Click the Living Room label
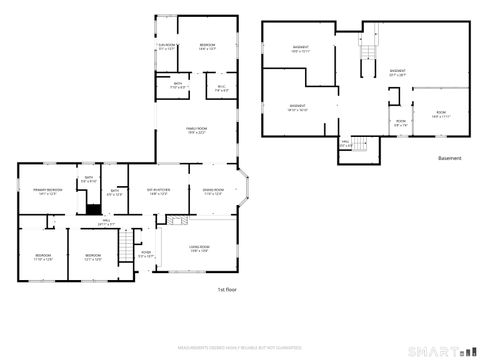(198, 249)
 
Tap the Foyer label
(146, 254)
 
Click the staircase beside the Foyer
(125, 241)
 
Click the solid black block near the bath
(92, 210)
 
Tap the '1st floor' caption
(226, 289)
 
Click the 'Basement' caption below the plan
(449, 158)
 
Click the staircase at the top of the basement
(369, 52)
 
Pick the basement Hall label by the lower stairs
(345, 144)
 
